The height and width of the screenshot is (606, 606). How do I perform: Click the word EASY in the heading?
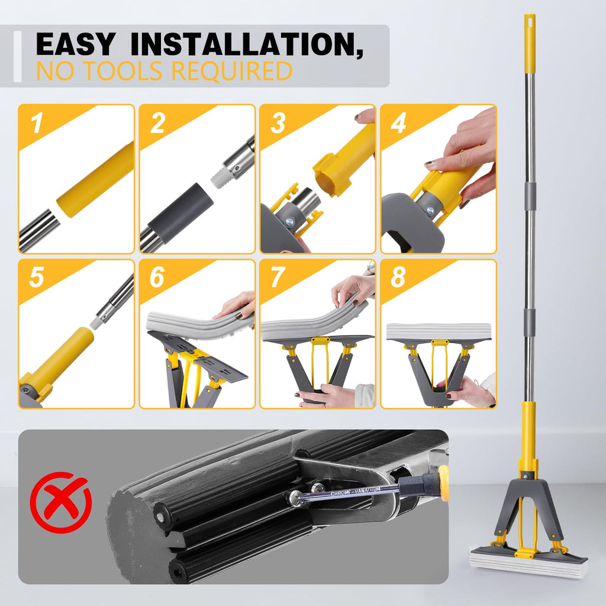point(76,44)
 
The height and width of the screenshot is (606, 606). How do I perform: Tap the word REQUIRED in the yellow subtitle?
point(232,71)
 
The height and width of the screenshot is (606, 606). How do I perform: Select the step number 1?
point(37,123)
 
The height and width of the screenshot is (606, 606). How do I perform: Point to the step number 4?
point(398,123)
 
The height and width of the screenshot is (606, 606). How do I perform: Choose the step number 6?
point(157,277)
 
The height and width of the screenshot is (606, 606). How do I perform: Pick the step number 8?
point(398,277)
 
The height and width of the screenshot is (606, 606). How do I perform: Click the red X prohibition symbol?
point(61,502)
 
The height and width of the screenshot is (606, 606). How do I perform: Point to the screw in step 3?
point(289,222)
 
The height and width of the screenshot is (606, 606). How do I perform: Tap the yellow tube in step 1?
point(95,180)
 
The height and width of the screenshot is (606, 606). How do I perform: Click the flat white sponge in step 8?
point(439,331)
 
